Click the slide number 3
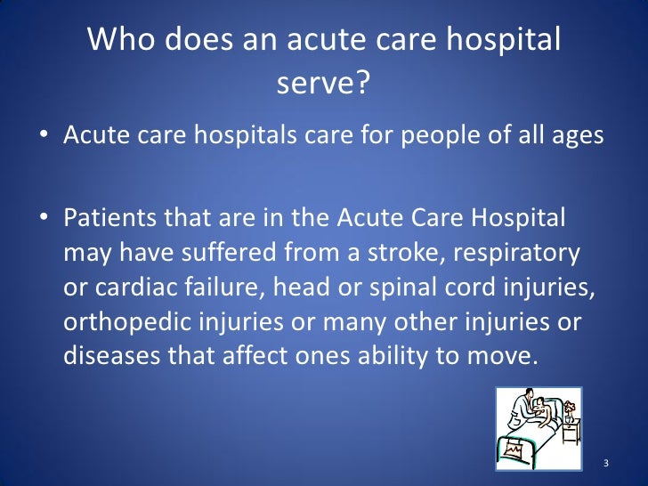click(605, 463)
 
